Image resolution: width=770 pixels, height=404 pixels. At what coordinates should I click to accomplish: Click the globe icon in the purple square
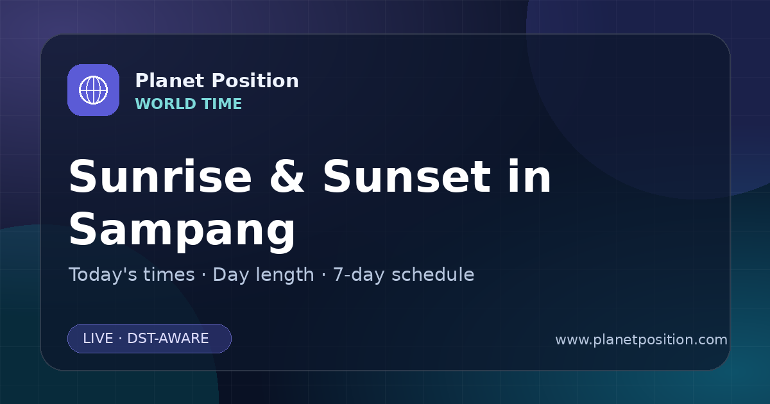(x=93, y=90)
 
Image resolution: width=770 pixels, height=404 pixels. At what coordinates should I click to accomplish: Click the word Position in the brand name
(x=255, y=81)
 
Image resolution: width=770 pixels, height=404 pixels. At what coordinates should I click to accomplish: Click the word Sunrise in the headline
(x=160, y=176)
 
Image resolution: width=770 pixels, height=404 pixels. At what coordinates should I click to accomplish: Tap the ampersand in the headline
(x=287, y=176)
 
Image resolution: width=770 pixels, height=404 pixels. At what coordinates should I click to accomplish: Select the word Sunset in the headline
(x=407, y=176)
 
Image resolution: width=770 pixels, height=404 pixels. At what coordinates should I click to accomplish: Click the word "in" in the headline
(x=530, y=176)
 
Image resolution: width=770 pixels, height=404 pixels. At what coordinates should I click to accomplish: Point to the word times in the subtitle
(x=169, y=275)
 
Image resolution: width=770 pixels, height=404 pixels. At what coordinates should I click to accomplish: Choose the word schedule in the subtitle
(x=432, y=275)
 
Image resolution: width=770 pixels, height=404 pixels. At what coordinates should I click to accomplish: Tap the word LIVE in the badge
(x=98, y=339)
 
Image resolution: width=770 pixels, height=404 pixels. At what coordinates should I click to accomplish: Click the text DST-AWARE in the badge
(x=167, y=339)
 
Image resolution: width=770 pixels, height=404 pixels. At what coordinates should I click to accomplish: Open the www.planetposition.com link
(x=641, y=340)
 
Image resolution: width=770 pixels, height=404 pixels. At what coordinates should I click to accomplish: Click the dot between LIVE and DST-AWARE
(x=121, y=339)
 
